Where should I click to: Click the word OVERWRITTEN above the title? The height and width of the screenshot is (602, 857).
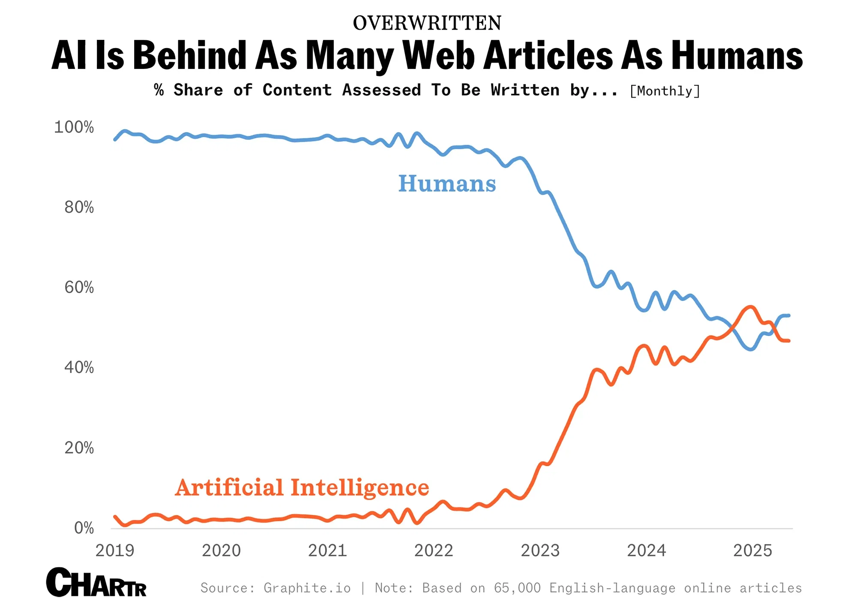point(427,23)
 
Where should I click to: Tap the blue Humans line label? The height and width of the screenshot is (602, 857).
point(447,184)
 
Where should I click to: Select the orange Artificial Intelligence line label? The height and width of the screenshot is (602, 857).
point(302,488)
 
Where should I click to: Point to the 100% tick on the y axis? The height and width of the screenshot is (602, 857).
point(74,127)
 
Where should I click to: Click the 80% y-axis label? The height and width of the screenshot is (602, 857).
point(79,207)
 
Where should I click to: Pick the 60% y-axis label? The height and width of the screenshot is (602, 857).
point(79,288)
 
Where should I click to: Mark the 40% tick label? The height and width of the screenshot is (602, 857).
point(79,368)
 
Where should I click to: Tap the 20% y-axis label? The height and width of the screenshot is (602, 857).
point(79,448)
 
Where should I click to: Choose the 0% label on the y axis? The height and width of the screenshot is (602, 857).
point(84,528)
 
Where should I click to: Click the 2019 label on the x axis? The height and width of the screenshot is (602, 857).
point(114,551)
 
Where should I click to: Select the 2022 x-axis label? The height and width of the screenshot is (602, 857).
point(433,551)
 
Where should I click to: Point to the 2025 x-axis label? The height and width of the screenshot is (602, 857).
point(752,551)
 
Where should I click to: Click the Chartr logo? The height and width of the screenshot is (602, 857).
point(96,583)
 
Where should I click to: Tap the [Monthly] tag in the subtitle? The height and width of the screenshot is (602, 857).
point(665,91)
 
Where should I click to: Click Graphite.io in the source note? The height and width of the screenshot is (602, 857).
point(307,588)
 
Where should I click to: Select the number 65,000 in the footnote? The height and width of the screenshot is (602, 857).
point(517,588)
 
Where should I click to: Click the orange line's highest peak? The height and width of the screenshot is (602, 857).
point(750,307)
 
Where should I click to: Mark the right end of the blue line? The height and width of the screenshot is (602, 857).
point(788,315)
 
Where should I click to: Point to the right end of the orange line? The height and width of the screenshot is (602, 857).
point(788,341)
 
